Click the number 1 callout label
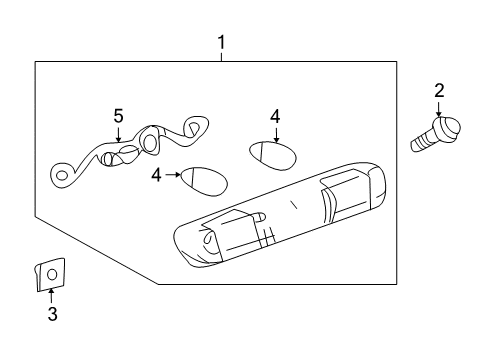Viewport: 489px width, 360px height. point(222,42)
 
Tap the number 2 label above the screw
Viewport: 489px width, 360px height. point(439,91)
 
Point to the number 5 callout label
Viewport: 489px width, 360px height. point(118,116)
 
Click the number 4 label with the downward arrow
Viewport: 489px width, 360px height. point(275,117)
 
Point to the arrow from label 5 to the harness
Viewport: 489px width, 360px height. point(118,135)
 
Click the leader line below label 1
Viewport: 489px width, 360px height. point(222,56)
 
